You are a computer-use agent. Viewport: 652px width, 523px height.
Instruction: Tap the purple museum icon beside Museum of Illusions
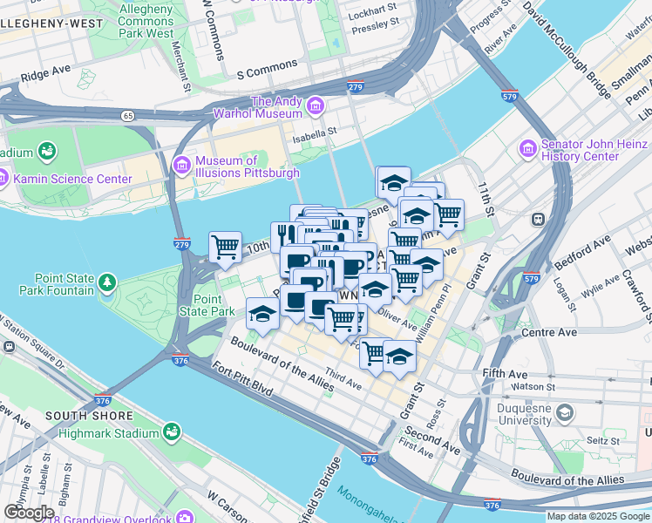point(182,164)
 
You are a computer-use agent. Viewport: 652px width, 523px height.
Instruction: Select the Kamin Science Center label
point(72,180)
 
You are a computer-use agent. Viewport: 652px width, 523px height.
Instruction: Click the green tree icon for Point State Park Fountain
point(106,282)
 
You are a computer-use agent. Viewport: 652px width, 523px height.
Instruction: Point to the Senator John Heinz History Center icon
point(528,150)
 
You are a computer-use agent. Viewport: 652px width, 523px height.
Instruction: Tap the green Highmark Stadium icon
point(173,431)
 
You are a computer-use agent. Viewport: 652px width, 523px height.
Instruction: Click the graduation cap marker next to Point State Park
point(261,313)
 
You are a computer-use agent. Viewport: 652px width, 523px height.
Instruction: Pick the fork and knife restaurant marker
point(283,235)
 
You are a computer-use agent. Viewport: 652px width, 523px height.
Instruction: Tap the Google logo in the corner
point(29,513)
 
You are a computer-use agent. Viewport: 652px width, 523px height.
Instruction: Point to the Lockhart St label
point(373,17)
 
